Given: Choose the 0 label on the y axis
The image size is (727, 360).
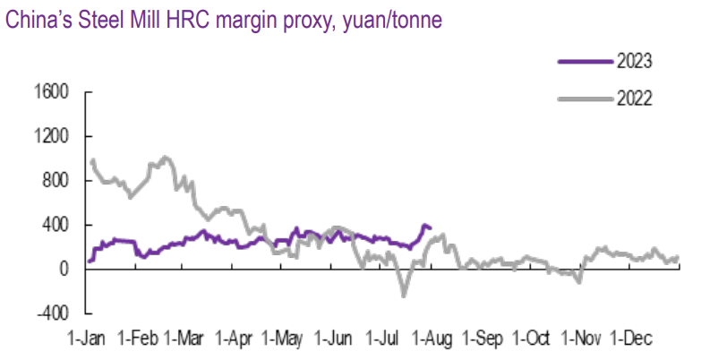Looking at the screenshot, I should click(64, 269).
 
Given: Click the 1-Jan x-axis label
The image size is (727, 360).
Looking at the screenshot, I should click(90, 339).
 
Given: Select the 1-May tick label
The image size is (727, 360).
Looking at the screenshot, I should click(284, 339).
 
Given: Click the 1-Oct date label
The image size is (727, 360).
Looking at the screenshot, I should click(533, 339).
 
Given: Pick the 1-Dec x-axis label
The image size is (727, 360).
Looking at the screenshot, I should click(632, 339).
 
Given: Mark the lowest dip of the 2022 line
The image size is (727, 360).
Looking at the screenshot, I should click(404, 295).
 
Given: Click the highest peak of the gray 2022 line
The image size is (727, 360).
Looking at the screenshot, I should click(164, 158).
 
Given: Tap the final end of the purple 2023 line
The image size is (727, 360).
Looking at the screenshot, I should click(431, 227).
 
